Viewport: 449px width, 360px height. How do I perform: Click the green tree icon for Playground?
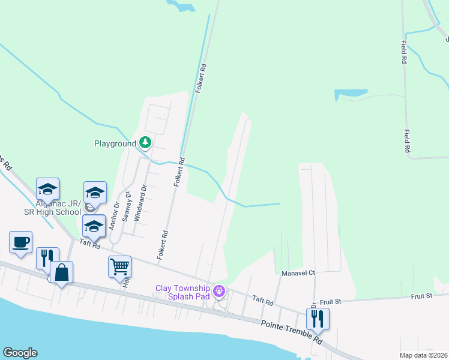[x=145, y=143]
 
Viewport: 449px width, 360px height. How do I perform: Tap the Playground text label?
[x=115, y=144]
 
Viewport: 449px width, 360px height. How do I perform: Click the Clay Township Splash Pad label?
[x=184, y=292]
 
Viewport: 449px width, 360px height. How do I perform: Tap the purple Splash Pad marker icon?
[x=220, y=292]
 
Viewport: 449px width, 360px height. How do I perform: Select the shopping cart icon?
[x=119, y=265]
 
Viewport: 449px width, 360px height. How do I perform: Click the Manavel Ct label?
[x=298, y=273]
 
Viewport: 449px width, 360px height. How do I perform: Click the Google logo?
[x=20, y=353]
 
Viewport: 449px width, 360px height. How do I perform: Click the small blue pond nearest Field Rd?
[x=351, y=94]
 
